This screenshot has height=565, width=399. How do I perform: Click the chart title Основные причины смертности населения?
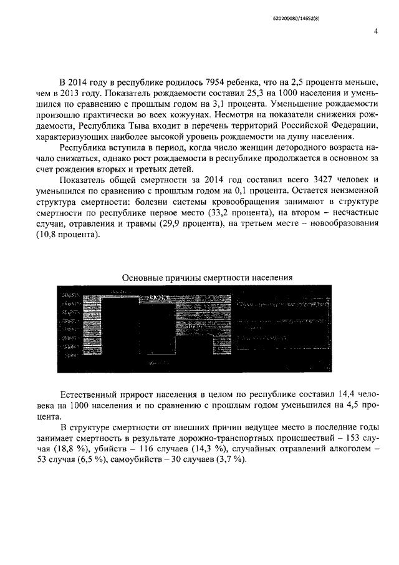(x=206, y=277)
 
